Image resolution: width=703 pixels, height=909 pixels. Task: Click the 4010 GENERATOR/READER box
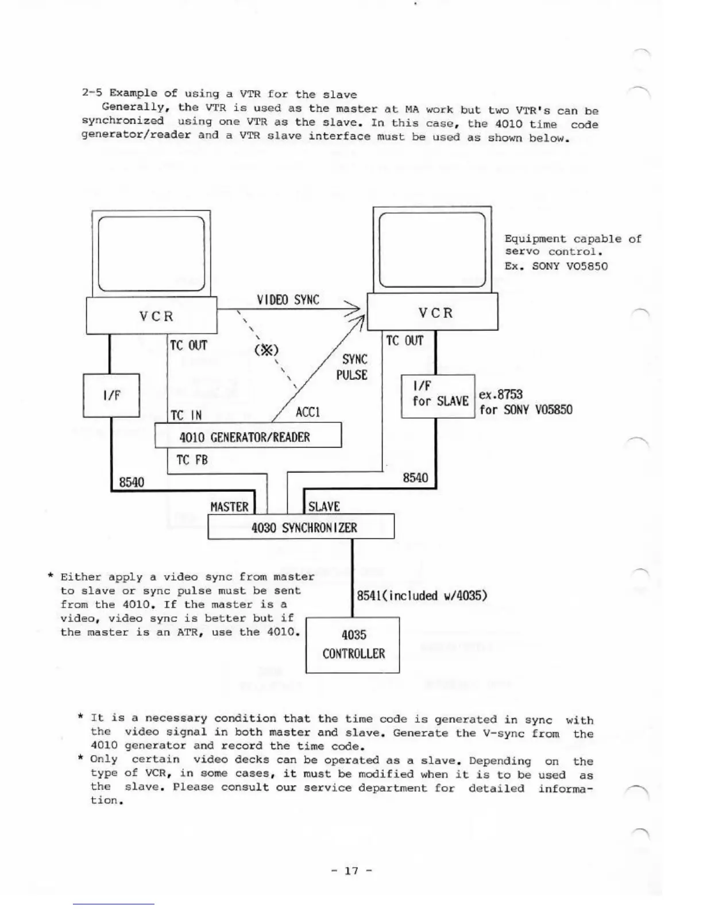tap(248, 435)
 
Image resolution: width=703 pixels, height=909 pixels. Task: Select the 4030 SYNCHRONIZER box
tap(301, 526)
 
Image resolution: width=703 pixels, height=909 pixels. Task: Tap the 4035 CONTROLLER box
tap(353, 644)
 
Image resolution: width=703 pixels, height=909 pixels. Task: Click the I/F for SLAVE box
tap(438, 396)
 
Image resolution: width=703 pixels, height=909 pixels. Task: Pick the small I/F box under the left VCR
tap(111, 395)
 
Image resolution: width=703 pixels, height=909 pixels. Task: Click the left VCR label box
tap(152, 316)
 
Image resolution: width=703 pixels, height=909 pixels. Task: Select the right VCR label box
tap(432, 313)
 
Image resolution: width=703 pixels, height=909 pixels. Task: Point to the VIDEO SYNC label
tap(288, 300)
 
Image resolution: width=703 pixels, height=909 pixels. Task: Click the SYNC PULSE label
tap(354, 367)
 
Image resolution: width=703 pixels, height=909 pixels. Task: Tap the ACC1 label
tap(307, 413)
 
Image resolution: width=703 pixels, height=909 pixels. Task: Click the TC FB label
tap(192, 460)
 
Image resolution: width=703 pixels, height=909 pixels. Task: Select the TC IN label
tap(186, 415)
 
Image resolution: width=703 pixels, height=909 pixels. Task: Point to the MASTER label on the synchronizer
tap(229, 507)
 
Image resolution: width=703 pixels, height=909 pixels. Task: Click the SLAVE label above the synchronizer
tap(324, 507)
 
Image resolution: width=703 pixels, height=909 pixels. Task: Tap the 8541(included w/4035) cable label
tap(422, 595)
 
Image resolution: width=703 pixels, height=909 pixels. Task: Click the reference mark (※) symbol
tap(266, 349)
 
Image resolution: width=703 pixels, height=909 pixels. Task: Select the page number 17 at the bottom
tap(351, 871)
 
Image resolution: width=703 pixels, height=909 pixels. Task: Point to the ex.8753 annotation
tap(501, 394)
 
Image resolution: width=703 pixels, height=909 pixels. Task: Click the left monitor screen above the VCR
tap(152, 254)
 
